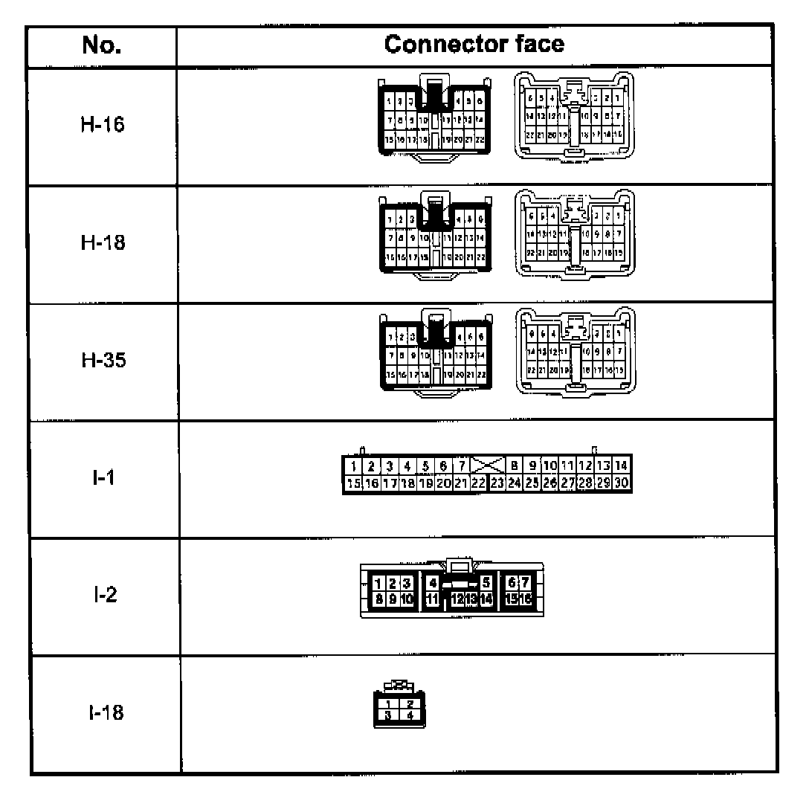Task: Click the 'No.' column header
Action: point(103,45)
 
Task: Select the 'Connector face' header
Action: point(474,45)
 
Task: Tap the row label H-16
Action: point(103,124)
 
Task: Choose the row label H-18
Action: point(103,242)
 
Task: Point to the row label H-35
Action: point(103,360)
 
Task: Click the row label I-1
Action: point(103,477)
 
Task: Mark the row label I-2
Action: point(103,596)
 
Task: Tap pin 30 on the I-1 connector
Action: point(623,483)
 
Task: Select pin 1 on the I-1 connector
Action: point(353,466)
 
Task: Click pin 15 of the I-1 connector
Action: point(353,483)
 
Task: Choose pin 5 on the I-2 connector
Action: point(486,582)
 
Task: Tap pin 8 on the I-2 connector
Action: point(378,597)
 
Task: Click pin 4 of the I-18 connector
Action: point(410,715)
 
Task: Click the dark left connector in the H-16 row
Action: point(434,117)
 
